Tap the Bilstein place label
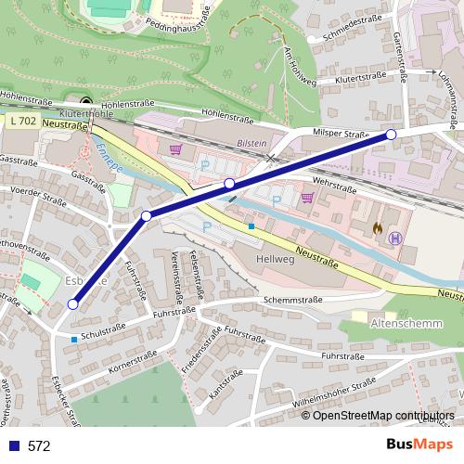(x=251, y=144)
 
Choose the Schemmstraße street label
(x=292, y=300)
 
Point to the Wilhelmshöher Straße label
(x=334, y=393)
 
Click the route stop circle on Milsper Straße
(x=391, y=135)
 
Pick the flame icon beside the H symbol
(x=377, y=226)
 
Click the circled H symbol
(x=396, y=238)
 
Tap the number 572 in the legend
(x=39, y=446)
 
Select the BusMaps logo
(x=420, y=445)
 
